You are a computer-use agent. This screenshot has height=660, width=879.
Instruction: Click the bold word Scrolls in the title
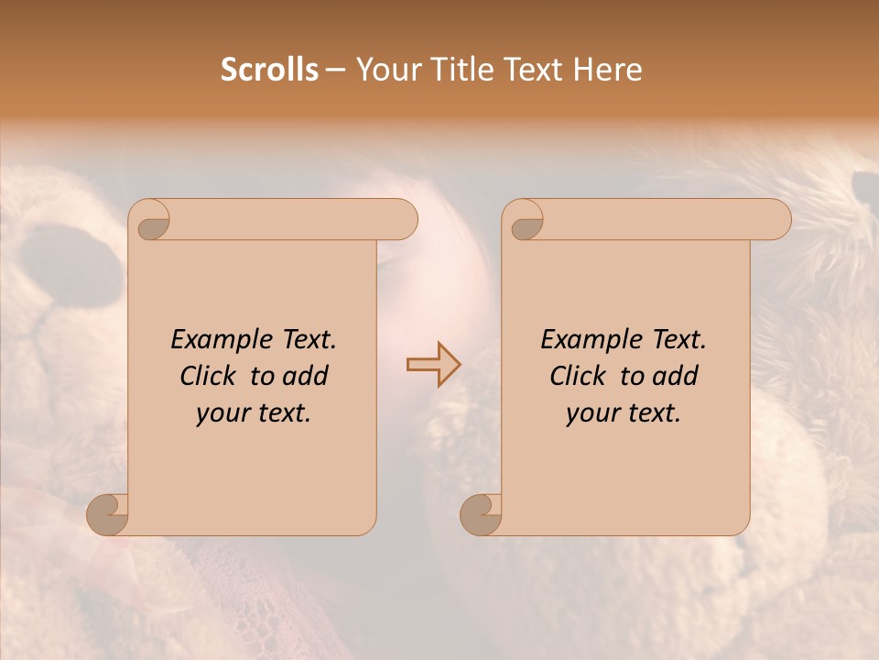click(269, 70)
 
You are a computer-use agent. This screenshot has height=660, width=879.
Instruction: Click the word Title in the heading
click(461, 70)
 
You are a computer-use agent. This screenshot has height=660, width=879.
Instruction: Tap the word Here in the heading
click(608, 70)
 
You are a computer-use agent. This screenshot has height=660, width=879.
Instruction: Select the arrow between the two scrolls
click(434, 364)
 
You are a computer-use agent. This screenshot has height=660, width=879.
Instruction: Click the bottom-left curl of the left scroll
click(107, 514)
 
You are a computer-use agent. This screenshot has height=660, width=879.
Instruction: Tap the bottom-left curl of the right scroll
click(480, 514)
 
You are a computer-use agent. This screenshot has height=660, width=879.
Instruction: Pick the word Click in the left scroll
click(209, 376)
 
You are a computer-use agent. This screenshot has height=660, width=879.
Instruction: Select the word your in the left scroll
click(222, 413)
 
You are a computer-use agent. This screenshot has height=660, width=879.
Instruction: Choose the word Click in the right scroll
click(579, 376)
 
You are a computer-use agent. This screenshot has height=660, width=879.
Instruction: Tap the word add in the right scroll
click(675, 376)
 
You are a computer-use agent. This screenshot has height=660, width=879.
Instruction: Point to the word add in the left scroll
click(305, 376)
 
